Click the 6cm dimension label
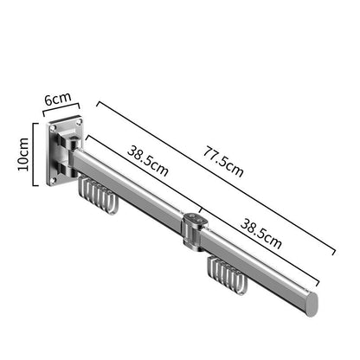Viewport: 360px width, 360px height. (x=58, y=99)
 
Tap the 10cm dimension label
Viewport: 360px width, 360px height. (x=23, y=154)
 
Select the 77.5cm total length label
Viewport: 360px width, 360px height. (x=223, y=162)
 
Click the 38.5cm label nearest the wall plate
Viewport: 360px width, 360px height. (x=148, y=161)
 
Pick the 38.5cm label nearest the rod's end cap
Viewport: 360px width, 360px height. (x=260, y=234)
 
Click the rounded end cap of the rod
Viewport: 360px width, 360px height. (x=312, y=304)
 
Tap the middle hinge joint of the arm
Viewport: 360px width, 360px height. (x=194, y=231)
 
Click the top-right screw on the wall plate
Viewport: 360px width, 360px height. (x=78, y=123)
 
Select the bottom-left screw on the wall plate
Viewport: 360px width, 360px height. (x=53, y=181)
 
